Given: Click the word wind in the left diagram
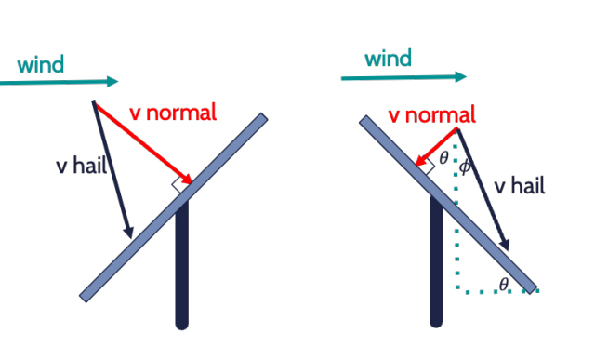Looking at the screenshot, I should [x=41, y=65].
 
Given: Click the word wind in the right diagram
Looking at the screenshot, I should [x=388, y=60].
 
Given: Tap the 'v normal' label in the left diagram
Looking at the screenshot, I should [x=173, y=113].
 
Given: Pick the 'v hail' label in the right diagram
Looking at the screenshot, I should [x=520, y=186].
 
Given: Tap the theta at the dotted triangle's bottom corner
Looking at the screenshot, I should [x=503, y=282].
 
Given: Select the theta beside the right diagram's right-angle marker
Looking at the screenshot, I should [x=443, y=158].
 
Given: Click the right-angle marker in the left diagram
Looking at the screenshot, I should [x=178, y=186].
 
